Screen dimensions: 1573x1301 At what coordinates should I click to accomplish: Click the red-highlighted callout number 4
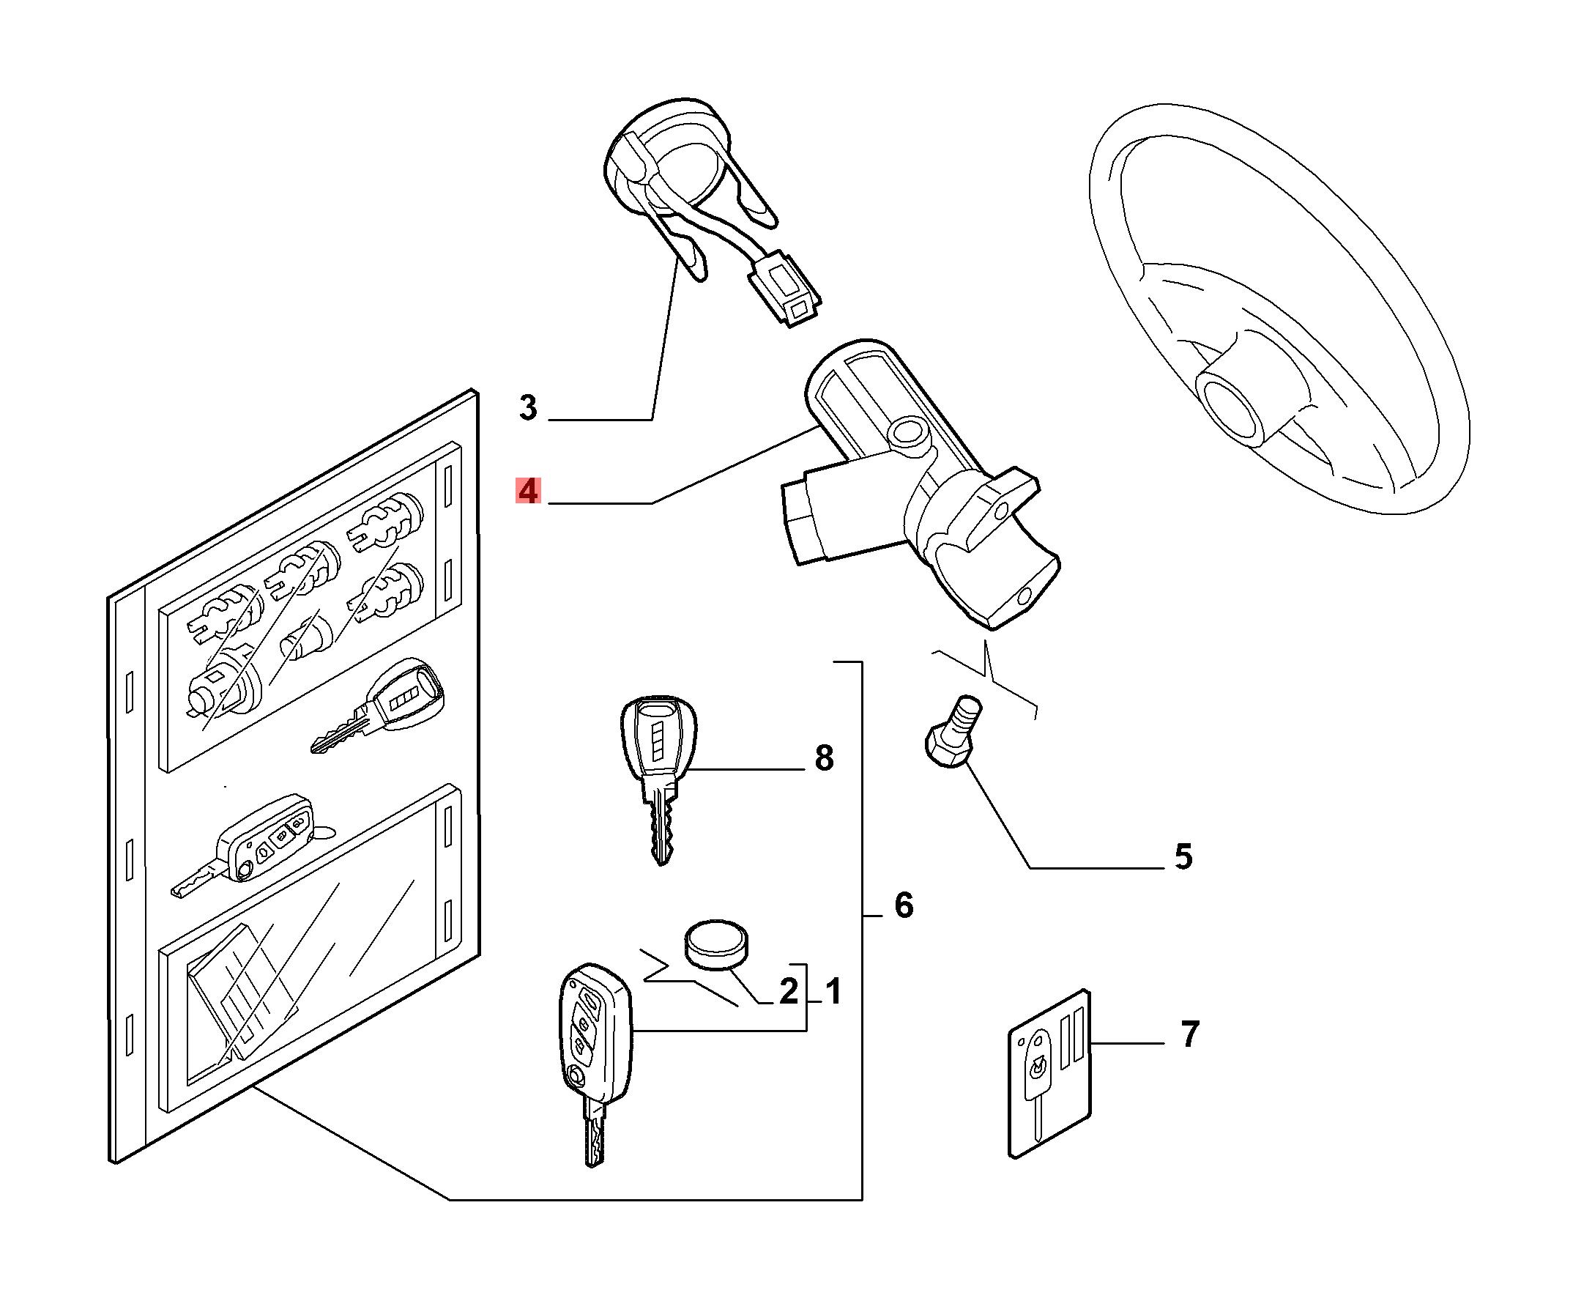tap(528, 492)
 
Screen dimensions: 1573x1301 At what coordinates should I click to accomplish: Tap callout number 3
tap(528, 409)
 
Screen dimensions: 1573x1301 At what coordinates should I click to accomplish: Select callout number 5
tap(1183, 856)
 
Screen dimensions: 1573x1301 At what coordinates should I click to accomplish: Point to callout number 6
tap(904, 906)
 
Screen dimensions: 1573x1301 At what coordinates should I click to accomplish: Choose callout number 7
tap(1189, 1034)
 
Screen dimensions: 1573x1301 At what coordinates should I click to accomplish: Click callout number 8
tap(824, 758)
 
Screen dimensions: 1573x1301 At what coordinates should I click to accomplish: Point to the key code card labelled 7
tap(1049, 1073)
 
